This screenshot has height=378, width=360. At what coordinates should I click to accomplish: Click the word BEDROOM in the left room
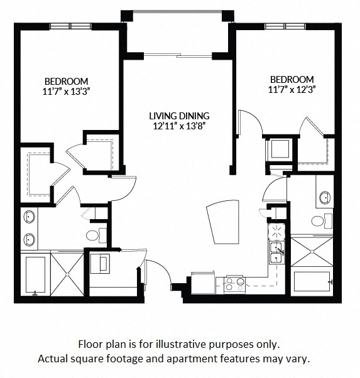[66, 81]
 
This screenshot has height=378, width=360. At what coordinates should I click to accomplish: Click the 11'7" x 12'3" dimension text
[292, 89]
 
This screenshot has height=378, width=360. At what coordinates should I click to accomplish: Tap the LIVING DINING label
[179, 116]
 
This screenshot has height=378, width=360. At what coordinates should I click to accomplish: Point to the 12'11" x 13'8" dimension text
[179, 126]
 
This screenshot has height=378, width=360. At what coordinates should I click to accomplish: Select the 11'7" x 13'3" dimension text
[66, 91]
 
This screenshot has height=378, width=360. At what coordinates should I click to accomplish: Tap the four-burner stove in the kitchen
[234, 284]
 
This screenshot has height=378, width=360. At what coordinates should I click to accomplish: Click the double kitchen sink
[276, 253]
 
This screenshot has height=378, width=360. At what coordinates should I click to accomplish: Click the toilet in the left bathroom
[93, 236]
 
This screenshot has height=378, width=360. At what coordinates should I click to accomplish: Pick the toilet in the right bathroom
[318, 220]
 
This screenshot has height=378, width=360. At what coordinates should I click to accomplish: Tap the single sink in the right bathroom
[324, 198]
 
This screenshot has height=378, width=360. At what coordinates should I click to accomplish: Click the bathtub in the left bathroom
[35, 275]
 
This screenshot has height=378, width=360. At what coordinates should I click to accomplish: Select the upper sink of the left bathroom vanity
[29, 218]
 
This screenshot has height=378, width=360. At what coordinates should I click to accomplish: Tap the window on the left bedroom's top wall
[70, 26]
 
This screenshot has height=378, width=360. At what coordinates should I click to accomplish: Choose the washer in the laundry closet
[100, 264]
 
